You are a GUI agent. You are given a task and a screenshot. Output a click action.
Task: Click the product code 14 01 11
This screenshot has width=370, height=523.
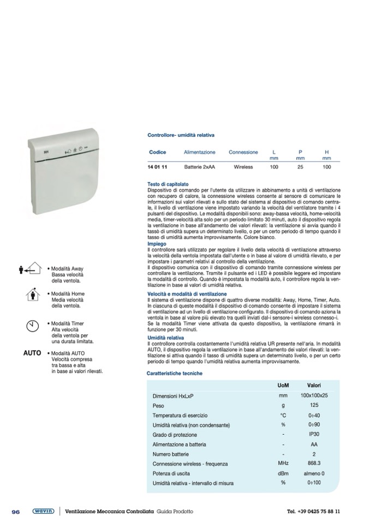(x=158, y=166)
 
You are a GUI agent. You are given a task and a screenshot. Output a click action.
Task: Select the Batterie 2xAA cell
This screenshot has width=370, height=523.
(x=199, y=166)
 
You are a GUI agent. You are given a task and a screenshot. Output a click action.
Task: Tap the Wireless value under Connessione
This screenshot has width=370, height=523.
(x=243, y=166)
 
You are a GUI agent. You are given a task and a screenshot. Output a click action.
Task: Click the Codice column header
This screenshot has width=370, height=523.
(x=158, y=152)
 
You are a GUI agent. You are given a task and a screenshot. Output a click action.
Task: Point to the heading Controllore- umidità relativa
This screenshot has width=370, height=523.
(x=181, y=134)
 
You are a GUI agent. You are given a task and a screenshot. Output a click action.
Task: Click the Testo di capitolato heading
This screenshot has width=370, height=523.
(x=168, y=184)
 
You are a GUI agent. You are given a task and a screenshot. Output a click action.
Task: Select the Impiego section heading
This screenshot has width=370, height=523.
(x=157, y=244)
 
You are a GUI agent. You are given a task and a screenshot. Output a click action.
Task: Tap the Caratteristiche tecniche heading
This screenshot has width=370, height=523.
(x=175, y=374)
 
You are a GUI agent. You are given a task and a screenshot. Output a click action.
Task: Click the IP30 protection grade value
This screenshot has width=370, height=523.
(x=314, y=435)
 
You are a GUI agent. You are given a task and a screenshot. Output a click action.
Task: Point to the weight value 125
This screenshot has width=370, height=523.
(x=314, y=405)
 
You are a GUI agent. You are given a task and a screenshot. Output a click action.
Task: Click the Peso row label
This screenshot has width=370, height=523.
(x=158, y=406)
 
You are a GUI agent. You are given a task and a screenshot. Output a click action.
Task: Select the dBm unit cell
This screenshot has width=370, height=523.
(x=283, y=473)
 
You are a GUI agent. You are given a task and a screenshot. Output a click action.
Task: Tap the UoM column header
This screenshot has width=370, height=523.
(x=283, y=386)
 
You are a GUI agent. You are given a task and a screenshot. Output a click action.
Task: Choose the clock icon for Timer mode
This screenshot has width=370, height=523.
(x=33, y=326)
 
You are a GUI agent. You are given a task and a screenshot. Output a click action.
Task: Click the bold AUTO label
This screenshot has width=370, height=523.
(x=32, y=353)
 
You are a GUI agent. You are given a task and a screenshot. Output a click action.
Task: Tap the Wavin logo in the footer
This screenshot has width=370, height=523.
(x=43, y=511)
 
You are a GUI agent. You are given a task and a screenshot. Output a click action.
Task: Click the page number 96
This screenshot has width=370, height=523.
(x=16, y=512)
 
